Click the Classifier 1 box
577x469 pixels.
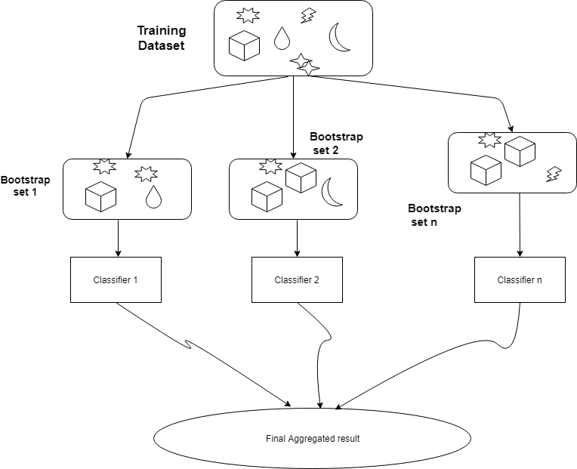116,280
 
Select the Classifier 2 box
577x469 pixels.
297,280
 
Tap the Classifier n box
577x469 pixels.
520,280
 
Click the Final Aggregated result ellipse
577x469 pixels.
312,438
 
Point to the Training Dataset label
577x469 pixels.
161,38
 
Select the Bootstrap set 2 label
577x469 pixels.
336,143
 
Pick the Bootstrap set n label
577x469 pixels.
434,214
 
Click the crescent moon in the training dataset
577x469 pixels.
339,38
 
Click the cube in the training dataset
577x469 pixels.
244,46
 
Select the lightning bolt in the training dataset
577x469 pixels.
308,15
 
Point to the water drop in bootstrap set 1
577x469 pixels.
153,196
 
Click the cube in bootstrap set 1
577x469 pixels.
100,197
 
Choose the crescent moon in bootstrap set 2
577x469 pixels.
332,192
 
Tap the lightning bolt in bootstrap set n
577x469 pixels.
553,174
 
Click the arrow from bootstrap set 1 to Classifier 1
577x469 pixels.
119,239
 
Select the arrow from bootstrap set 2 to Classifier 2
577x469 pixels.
297,239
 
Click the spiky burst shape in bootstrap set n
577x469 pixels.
490,140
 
